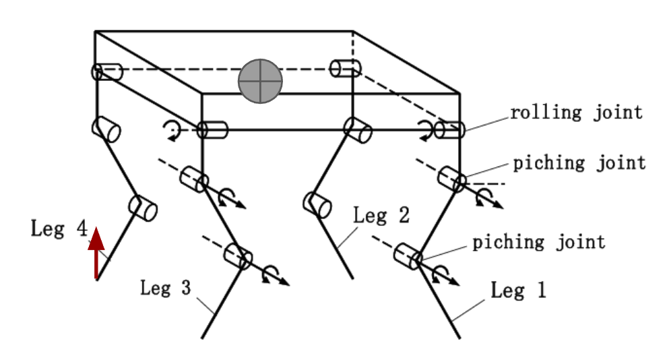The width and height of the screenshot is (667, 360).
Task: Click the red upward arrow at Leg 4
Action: [x=96, y=253]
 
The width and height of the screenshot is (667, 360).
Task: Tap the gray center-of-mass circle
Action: [x=260, y=81]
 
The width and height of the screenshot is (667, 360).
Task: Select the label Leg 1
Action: [x=518, y=290]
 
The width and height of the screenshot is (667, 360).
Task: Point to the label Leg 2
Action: [x=381, y=215]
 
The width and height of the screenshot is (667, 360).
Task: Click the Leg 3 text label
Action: [x=166, y=288]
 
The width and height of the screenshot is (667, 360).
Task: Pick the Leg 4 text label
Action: [x=59, y=229]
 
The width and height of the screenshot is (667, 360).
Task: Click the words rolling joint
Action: [x=577, y=113]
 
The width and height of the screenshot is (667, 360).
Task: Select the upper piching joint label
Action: [x=579, y=163]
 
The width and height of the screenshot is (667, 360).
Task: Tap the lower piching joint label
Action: [x=539, y=242]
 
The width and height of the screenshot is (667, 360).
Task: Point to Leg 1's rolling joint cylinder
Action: [x=449, y=130]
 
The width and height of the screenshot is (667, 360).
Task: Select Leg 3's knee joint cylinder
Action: [x=238, y=256]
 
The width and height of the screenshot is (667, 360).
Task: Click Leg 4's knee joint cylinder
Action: [x=143, y=208]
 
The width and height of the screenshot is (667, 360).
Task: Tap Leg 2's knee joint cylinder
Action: [x=317, y=205]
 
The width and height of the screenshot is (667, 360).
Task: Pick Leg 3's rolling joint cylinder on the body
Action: [x=213, y=130]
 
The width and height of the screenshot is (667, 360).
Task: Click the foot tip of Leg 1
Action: [x=459, y=338]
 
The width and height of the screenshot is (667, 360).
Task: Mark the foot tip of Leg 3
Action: [x=201, y=338]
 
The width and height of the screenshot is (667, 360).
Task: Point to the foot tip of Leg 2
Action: [x=352, y=278]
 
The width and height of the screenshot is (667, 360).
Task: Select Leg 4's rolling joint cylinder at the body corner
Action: [x=106, y=72]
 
